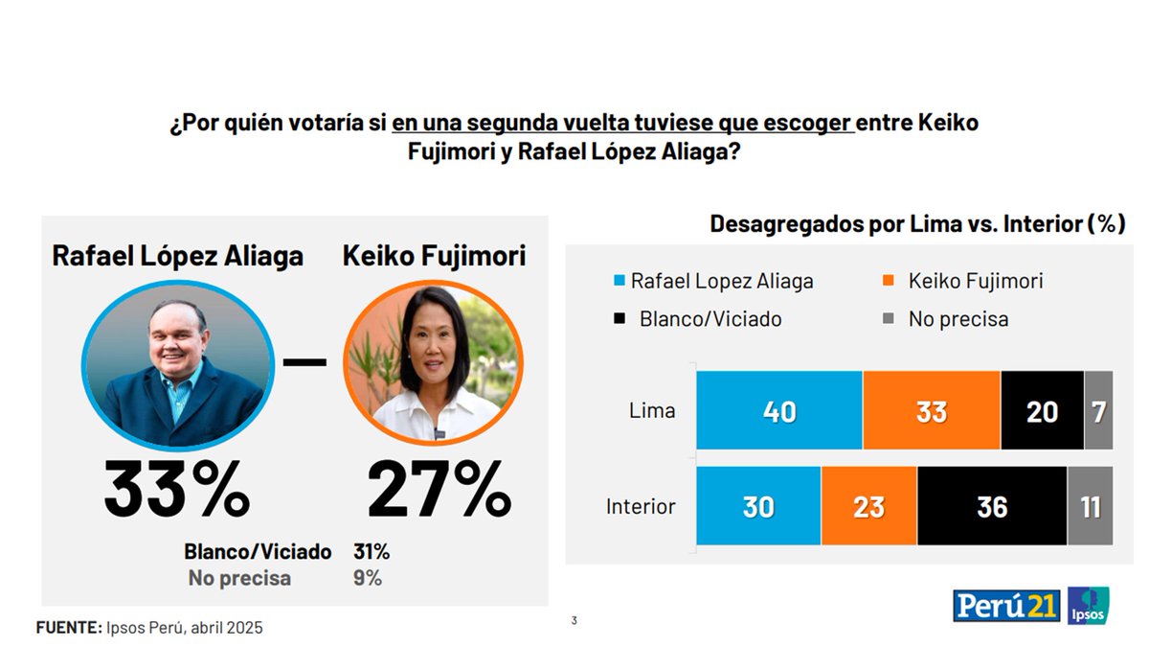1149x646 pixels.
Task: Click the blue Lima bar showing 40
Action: (779, 410)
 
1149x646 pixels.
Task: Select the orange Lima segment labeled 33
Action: (931, 410)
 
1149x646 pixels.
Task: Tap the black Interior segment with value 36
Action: (991, 506)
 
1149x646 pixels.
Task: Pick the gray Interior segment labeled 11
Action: (1091, 506)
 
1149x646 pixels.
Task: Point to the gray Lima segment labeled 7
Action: (1098, 410)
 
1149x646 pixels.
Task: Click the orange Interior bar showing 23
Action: (868, 506)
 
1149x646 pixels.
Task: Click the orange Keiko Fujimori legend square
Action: (888, 282)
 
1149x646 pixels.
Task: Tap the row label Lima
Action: (652, 411)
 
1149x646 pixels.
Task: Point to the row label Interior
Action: (641, 506)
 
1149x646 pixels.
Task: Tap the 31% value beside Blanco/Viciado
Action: (372, 552)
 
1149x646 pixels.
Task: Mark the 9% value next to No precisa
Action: (368, 578)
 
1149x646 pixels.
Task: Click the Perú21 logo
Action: (1006, 606)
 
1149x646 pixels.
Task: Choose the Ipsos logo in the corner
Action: (1089, 606)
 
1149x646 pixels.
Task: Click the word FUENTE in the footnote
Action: (68, 628)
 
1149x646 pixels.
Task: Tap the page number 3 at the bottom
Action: (574, 621)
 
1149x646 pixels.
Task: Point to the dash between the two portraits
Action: (305, 362)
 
